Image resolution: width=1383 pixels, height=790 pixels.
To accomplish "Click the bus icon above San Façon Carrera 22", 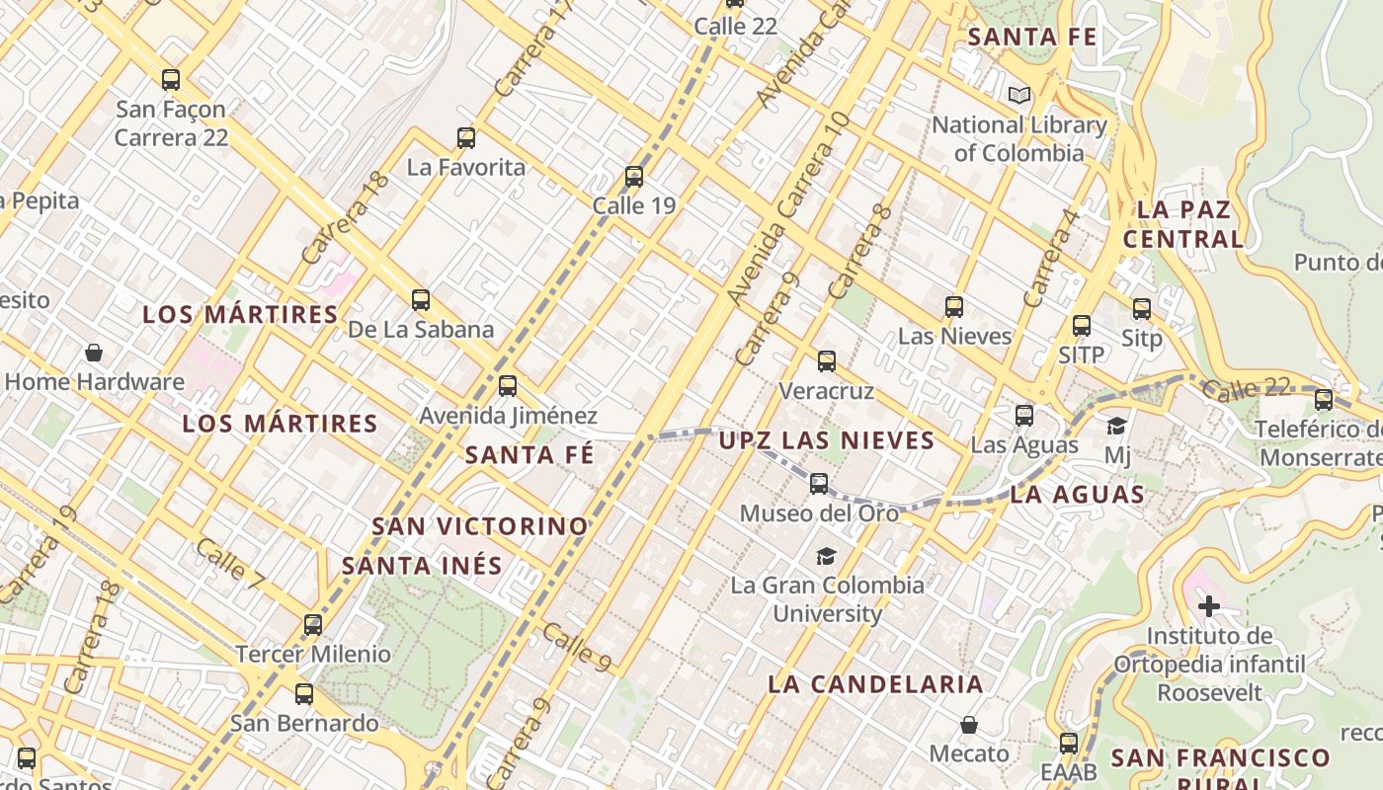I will click(171, 80).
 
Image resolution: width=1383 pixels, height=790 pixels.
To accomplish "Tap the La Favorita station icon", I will click(466, 138).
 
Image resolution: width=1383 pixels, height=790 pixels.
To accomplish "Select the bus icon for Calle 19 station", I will click(634, 178).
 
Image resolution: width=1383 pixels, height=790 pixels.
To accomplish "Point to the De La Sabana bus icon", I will click(421, 300).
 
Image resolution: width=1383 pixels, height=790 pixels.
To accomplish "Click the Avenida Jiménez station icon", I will click(508, 386).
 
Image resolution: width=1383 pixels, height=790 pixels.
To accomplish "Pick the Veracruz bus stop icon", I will click(827, 361).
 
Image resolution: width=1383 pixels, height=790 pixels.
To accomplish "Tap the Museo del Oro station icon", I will click(819, 484).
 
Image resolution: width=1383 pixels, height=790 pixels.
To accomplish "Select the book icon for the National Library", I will click(1019, 96).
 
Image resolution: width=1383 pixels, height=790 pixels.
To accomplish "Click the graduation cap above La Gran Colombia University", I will click(826, 557).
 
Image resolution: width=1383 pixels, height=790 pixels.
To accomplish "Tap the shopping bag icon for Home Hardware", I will click(94, 353).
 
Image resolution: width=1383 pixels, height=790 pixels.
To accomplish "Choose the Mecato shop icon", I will click(969, 725).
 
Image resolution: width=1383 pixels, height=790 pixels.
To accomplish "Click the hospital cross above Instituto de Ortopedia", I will click(1209, 605).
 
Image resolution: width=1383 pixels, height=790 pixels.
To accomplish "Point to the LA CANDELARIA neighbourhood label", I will click(875, 684).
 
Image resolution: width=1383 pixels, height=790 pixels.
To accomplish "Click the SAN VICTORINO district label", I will click(480, 526).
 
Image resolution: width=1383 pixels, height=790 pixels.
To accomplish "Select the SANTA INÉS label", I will click(422, 566).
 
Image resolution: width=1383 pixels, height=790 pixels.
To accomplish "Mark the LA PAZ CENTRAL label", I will click(1182, 224).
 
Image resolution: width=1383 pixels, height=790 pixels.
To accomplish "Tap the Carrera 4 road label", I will click(1050, 257).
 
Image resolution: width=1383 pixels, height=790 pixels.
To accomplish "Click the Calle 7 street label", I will click(229, 566).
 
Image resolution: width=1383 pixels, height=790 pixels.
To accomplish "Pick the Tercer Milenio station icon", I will click(313, 625).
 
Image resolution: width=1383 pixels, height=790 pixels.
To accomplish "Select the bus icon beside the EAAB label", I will click(1069, 744).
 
